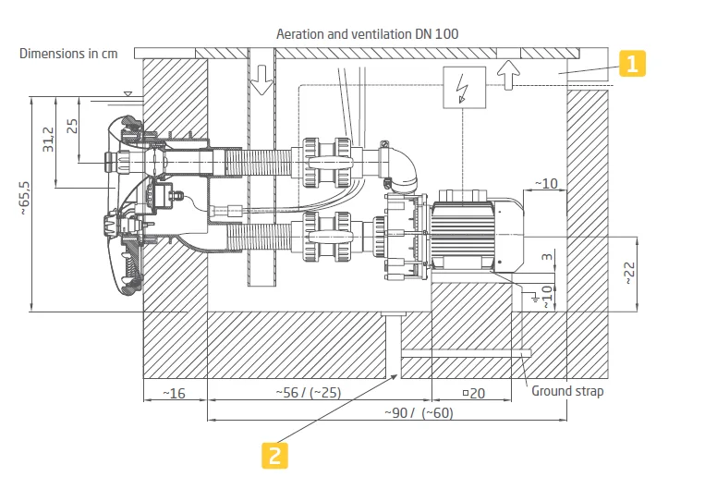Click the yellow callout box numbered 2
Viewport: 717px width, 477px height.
274,454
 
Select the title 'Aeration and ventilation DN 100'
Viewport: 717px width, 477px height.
368,34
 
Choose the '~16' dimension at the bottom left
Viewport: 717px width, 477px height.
174,393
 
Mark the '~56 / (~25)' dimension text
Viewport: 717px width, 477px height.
308,393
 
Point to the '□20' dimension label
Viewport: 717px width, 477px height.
474,393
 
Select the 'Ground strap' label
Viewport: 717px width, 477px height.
567,391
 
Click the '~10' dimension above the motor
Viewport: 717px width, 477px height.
546,183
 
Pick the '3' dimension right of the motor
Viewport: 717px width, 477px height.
545,255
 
